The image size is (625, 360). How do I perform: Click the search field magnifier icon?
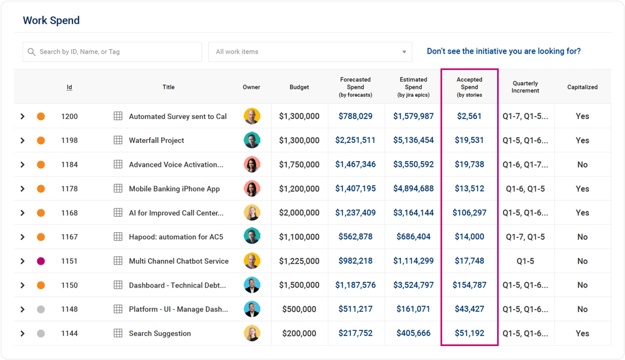point(31,52)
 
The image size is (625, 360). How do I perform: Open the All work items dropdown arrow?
point(404,52)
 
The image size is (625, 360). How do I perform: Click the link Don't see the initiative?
point(504,52)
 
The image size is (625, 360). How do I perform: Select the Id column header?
point(69,87)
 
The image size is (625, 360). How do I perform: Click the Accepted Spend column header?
point(469,87)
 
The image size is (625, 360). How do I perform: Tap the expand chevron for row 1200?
point(23,116)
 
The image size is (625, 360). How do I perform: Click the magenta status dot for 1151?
point(41,261)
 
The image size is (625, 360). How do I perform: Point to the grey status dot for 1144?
point(41,334)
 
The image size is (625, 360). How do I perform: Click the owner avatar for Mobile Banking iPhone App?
point(252,189)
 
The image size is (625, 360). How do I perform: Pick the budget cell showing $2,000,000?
point(299,213)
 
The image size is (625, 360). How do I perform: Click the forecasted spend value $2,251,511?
point(355,140)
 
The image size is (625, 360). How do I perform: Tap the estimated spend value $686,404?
point(414,237)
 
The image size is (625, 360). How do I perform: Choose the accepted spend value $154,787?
point(469,285)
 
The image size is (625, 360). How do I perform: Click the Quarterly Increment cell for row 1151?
point(525,261)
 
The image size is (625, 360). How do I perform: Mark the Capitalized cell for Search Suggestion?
point(582,334)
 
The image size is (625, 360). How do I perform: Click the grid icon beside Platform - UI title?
point(118,309)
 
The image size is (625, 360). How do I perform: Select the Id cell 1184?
point(69,165)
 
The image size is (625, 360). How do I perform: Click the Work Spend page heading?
point(51,21)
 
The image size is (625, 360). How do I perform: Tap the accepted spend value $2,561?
point(469,116)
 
